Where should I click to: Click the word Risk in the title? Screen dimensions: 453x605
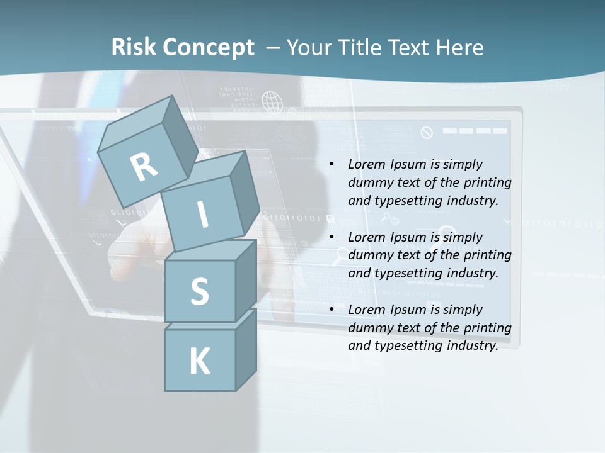[134, 48]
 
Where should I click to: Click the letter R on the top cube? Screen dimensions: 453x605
[144, 167]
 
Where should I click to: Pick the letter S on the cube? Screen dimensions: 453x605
[199, 291]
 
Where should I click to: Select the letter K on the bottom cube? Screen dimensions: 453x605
[199, 362]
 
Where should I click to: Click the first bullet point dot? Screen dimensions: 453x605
[331, 165]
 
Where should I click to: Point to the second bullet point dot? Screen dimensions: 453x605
[331, 238]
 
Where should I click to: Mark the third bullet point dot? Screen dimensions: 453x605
[331, 310]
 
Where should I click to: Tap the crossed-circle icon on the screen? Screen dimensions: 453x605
[427, 132]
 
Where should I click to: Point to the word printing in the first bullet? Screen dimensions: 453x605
[487, 183]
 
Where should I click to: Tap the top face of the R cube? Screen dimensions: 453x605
[136, 120]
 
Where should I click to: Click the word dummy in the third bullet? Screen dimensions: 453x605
[368, 328]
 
